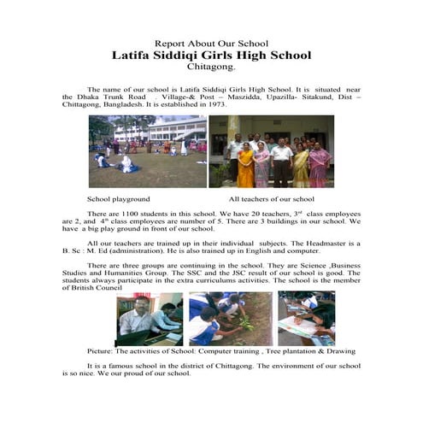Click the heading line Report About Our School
pyautogui.click(x=211, y=43)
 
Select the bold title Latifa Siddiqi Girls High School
pyautogui.click(x=211, y=55)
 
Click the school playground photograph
pyautogui.click(x=147, y=151)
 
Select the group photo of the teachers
pyautogui.click(x=271, y=151)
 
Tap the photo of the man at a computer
pyautogui.click(x=150, y=319)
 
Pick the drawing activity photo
pyautogui.click(x=306, y=319)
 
